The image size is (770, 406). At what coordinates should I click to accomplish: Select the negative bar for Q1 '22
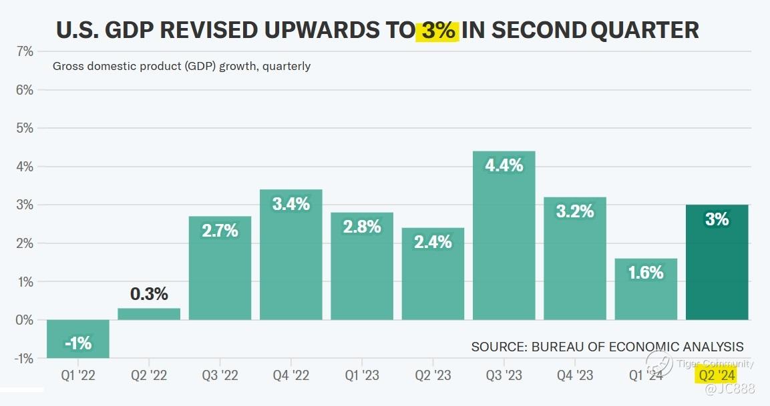(x=77, y=339)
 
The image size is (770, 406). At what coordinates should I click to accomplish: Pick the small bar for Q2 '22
(x=149, y=314)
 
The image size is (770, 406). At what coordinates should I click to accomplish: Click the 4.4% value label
(x=504, y=166)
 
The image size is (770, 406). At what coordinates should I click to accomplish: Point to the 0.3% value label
(x=149, y=294)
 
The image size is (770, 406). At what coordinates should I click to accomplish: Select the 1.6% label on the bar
(x=646, y=272)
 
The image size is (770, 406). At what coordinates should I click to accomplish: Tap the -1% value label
(x=77, y=344)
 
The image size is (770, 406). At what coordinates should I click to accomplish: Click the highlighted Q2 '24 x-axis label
(x=717, y=375)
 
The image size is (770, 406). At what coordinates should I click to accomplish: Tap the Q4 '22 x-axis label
(x=291, y=375)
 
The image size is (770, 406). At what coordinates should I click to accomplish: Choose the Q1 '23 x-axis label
(x=361, y=375)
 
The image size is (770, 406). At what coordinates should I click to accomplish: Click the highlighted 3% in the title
(x=437, y=31)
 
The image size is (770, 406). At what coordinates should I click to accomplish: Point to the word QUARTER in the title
(x=645, y=31)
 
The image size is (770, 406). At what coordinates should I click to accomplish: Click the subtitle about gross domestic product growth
(x=181, y=66)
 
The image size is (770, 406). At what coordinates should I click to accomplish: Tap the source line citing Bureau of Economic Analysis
(x=606, y=347)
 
